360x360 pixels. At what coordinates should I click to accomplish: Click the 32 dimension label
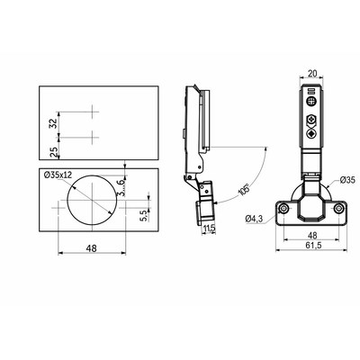[53, 123]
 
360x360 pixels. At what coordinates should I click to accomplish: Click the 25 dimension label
[53, 153]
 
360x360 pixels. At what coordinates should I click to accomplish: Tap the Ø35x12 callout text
[58, 175]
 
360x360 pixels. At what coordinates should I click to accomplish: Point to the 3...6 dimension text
[121, 187]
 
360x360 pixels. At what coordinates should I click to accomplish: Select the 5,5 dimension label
[144, 216]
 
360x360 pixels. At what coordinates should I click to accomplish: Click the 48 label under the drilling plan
[92, 248]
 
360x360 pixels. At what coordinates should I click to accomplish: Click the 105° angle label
[244, 190]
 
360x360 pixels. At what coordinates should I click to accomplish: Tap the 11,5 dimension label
[209, 229]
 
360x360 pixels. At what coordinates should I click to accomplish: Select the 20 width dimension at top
[312, 74]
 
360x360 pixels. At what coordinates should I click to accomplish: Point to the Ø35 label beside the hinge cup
[347, 180]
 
